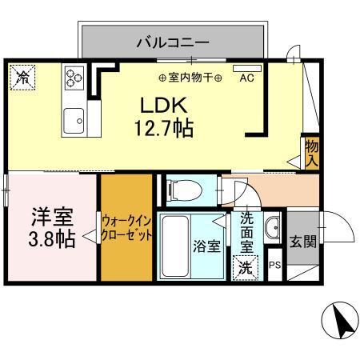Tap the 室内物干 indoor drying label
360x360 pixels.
(x=189, y=78)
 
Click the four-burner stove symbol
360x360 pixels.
(x=75, y=78)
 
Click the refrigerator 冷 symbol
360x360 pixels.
(x=23, y=78)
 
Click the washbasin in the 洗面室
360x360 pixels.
(x=272, y=224)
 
